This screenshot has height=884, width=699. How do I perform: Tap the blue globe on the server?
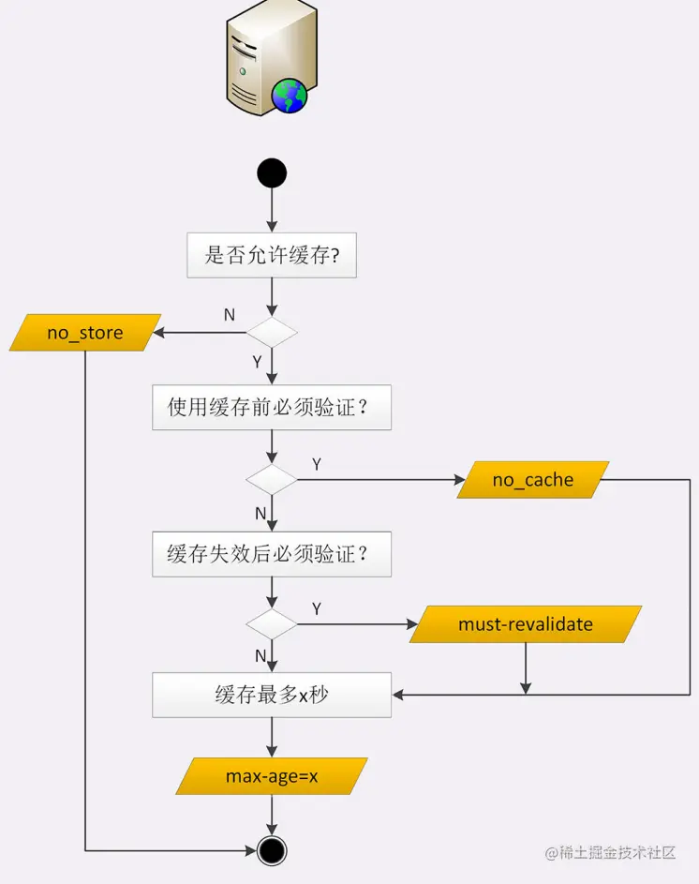289,95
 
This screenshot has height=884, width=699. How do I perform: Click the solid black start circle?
272,173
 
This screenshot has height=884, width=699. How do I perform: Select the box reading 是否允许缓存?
272,255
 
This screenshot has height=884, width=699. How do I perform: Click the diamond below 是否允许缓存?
272,333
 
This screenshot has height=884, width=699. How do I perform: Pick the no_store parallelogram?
85,333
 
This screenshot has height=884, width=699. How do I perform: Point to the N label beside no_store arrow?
229,315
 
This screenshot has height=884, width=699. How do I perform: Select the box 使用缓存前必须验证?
272,407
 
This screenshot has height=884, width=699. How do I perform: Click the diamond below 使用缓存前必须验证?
272,480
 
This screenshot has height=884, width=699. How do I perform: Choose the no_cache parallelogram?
532,480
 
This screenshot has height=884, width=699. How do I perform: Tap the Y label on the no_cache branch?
316,465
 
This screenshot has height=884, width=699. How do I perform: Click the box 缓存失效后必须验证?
272,553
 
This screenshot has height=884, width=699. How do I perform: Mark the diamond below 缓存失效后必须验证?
272,624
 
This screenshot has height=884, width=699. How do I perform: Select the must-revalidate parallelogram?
525,624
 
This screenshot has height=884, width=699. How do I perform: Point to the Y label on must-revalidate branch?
316,609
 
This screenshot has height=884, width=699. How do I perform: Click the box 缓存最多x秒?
272,695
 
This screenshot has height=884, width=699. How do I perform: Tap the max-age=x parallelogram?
272,776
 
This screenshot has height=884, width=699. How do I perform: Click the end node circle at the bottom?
272,850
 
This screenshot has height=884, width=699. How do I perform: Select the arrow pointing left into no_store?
164,333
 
